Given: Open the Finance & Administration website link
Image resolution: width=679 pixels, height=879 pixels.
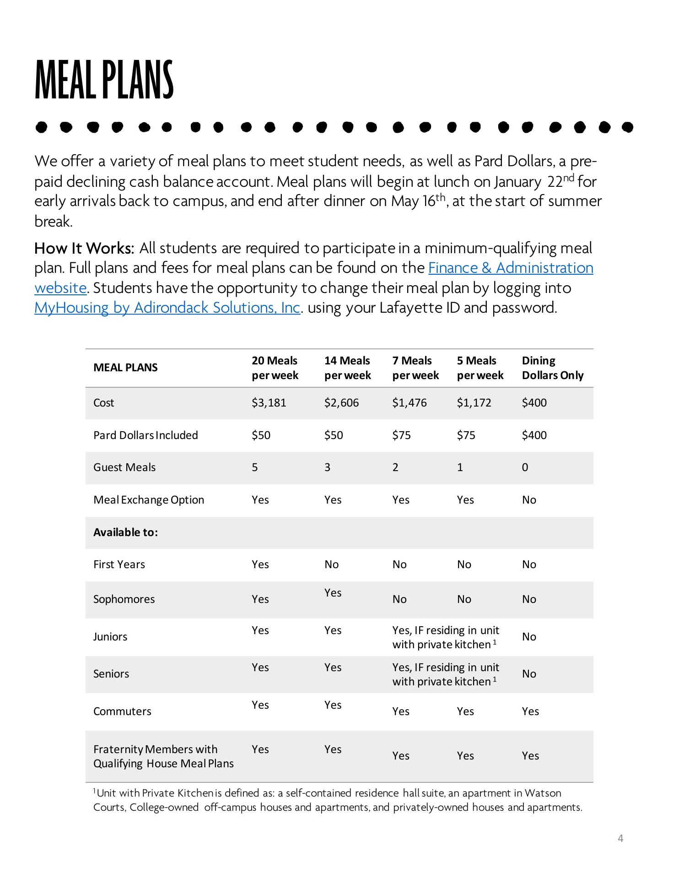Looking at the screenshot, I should tap(510, 268).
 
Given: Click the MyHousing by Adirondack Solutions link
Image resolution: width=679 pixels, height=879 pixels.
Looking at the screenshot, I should tap(167, 308).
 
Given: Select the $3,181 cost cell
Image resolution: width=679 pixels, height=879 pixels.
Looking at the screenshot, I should tap(269, 403).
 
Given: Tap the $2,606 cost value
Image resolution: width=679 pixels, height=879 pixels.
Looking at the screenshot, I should tap(341, 403).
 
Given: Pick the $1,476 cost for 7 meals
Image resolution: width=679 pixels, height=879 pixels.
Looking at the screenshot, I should tap(409, 403).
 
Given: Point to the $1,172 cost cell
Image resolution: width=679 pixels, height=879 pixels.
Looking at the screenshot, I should tap(474, 403).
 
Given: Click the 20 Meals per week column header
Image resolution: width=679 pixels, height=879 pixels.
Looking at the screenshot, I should tap(275, 368).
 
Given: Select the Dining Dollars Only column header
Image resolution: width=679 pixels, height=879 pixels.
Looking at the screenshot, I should tap(552, 368).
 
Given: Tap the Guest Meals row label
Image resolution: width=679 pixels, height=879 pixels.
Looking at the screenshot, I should tap(124, 467).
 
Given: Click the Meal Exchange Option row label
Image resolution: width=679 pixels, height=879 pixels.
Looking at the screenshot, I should tap(149, 500).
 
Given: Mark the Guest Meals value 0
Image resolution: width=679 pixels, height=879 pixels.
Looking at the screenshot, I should tap(525, 467).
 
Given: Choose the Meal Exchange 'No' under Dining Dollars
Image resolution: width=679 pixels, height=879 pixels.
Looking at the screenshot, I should tap(529, 500).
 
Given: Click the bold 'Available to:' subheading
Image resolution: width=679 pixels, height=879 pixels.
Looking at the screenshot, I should tap(125, 532).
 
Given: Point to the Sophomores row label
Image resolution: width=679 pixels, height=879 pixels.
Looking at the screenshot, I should tap(124, 599).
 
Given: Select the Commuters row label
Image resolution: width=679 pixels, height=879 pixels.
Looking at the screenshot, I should tap(122, 711).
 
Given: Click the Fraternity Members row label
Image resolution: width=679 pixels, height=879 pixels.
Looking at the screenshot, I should tap(163, 756).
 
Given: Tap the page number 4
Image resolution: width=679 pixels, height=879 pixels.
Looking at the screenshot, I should tap(620, 839).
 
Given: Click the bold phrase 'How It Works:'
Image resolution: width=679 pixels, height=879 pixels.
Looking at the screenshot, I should tap(84, 248).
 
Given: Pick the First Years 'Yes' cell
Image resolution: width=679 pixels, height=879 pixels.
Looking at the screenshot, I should tap(260, 564).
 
